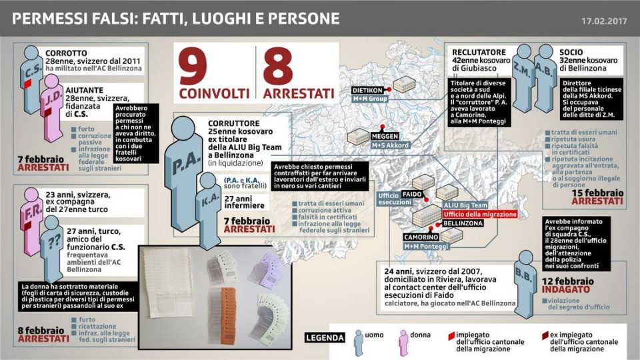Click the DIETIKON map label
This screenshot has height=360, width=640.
pyautogui.click(x=367, y=89)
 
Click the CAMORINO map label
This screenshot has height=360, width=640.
pyautogui.click(x=420, y=237)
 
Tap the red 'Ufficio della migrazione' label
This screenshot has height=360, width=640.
pyautogui.click(x=480, y=214)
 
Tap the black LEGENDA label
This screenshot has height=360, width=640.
pyautogui.click(x=325, y=337)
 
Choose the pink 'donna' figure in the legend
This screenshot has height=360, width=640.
pyautogui.click(x=403, y=341)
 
